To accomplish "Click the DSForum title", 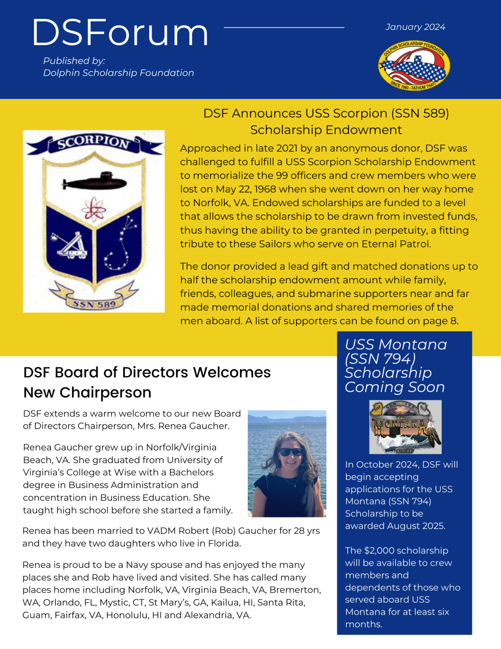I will click(120, 33).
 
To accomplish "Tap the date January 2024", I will click(415, 27).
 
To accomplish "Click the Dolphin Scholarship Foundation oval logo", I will click(414, 66).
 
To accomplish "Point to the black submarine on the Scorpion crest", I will click(94, 182).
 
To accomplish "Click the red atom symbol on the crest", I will click(94, 209).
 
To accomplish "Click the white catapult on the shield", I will click(70, 246).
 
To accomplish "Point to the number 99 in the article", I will click(281, 175).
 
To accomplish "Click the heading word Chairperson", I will click(105, 392).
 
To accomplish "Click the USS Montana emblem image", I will click(405, 427).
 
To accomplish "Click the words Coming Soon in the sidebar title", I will click(395, 387).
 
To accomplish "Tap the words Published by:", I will click(74, 61).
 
